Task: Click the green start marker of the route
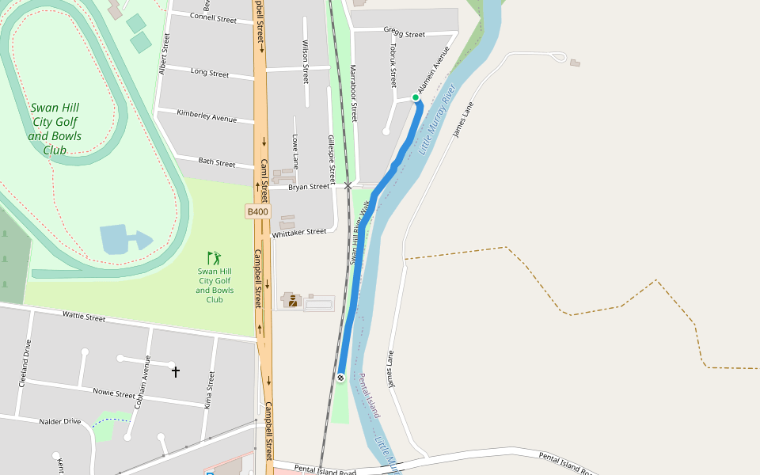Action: pyautogui.click(x=416, y=97)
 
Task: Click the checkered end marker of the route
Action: pyautogui.click(x=340, y=377)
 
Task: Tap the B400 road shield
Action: pyautogui.click(x=258, y=211)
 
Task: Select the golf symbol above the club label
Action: pyautogui.click(x=215, y=258)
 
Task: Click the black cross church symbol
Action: pyautogui.click(x=176, y=370)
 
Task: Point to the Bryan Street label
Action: pyautogui.click(x=309, y=187)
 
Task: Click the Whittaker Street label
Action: pyautogui.click(x=299, y=233)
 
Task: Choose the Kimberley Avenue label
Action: pyautogui.click(x=207, y=117)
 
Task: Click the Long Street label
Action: pyautogui.click(x=210, y=74)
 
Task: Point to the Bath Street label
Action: pyautogui.click(x=217, y=163)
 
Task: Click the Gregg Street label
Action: pyautogui.click(x=405, y=34)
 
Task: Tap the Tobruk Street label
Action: pyautogui.click(x=393, y=64)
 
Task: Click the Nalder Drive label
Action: pyautogui.click(x=60, y=421)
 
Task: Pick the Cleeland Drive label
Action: pyautogui.click(x=26, y=363)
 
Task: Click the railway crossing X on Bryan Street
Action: pyautogui.click(x=348, y=186)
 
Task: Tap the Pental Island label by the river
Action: pyautogui.click(x=370, y=396)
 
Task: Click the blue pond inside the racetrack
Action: pyautogui.click(x=123, y=239)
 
